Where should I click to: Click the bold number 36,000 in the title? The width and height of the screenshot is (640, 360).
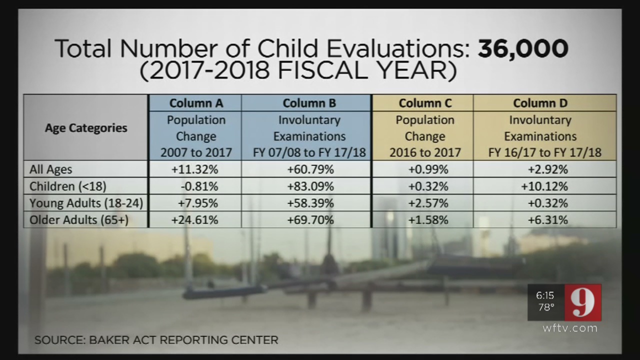click(523, 49)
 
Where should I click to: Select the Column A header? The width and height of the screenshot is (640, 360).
click(196, 103)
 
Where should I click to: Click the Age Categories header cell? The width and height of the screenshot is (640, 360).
click(86, 128)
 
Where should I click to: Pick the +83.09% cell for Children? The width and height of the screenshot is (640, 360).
click(310, 186)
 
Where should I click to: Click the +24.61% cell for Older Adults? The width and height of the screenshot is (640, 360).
click(195, 220)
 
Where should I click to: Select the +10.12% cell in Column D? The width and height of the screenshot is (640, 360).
click(544, 186)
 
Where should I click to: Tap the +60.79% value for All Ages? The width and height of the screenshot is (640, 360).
click(310, 169)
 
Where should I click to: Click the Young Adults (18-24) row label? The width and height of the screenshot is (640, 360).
click(86, 203)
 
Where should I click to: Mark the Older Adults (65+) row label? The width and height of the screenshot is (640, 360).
click(79, 220)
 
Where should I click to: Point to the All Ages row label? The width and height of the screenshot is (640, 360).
click(50, 169)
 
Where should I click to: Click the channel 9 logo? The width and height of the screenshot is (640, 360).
click(583, 302)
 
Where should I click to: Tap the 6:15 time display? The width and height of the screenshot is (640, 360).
click(545, 295)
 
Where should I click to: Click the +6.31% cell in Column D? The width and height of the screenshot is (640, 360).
click(544, 220)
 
